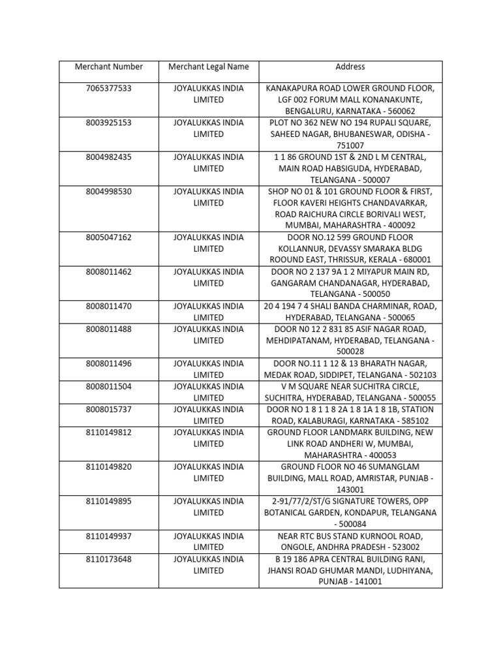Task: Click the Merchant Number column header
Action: pyautogui.click(x=108, y=67)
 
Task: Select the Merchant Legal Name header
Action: pyautogui.click(x=208, y=67)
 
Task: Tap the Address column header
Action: pyautogui.click(x=350, y=67)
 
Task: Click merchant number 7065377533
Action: pyautogui.click(x=108, y=88)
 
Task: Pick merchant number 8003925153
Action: pyautogui.click(x=108, y=123)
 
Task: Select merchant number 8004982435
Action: pyautogui.click(x=108, y=157)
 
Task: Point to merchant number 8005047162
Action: pyautogui.click(x=108, y=237)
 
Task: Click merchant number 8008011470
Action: pyautogui.click(x=108, y=306)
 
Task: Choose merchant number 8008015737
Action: pyautogui.click(x=108, y=409)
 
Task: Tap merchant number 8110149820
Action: pyautogui.click(x=108, y=466)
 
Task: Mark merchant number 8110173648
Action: pyautogui.click(x=108, y=558)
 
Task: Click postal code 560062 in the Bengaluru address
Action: pyautogui.click(x=410, y=112)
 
